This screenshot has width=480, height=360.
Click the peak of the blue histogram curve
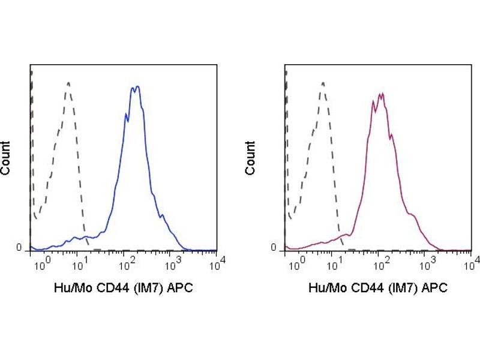[137, 87]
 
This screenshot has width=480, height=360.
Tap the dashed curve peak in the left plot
[69, 83]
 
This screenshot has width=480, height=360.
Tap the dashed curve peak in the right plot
[323, 83]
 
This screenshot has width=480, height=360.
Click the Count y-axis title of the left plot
[6, 158]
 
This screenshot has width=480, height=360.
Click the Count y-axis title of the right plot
[250, 158]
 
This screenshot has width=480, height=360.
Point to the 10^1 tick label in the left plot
[82, 263]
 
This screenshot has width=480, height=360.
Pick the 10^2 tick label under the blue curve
[127, 263]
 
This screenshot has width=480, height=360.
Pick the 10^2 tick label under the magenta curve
[381, 263]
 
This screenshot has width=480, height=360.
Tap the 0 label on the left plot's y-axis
[19, 248]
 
